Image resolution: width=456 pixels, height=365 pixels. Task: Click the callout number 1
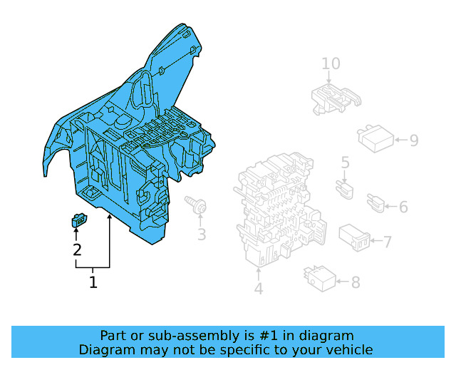tap(93, 282)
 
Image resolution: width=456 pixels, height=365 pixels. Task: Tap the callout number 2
tap(77, 250)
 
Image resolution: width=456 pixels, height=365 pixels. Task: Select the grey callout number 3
tap(202, 235)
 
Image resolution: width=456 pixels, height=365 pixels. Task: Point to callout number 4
tap(259, 289)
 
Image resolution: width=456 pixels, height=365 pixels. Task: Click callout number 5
tap(345, 163)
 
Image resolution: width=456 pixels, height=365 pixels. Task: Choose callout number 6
tap(403, 207)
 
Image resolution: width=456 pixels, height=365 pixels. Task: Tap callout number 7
tap(388, 242)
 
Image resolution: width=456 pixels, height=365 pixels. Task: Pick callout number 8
tap(356, 282)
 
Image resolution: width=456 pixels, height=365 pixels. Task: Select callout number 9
tap(414, 140)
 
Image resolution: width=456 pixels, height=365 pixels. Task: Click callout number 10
tap(331, 63)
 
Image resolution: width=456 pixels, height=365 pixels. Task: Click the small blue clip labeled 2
tap(79, 220)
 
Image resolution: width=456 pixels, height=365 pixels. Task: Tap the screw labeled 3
tap(196, 204)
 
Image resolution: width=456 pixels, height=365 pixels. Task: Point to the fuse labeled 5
tap(345, 190)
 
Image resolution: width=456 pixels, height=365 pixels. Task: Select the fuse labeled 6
tap(375, 203)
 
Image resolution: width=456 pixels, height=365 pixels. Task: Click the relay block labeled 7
tap(354, 237)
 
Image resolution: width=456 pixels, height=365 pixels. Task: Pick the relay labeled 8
tap(320, 279)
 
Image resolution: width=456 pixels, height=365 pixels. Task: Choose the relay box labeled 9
tap(375, 138)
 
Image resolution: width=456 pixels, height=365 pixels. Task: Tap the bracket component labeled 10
tap(336, 99)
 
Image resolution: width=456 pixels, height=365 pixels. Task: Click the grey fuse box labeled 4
tap(280, 209)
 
